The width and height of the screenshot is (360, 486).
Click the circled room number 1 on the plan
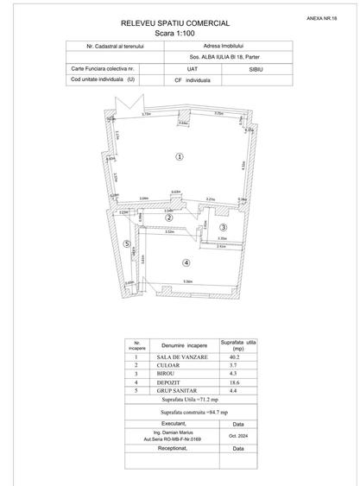pyautogui.click(x=179, y=156)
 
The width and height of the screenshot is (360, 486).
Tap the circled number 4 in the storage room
pyautogui.click(x=186, y=262)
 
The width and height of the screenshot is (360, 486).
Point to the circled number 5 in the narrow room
pyautogui.click(x=126, y=244)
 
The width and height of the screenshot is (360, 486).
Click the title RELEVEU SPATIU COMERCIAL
pyautogui.click(x=181, y=25)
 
